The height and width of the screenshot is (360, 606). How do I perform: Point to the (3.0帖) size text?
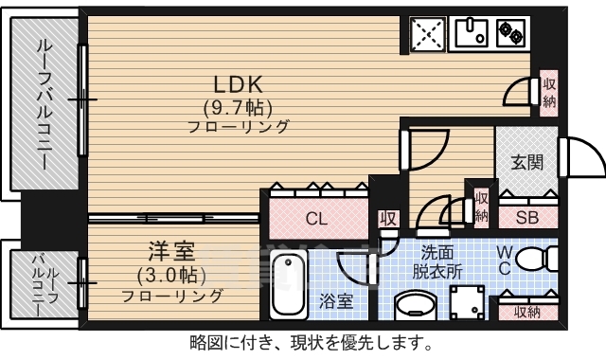[x=171, y=275]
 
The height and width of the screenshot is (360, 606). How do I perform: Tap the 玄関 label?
[x=527, y=162]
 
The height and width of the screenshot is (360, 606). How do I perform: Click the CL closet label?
[x=316, y=219]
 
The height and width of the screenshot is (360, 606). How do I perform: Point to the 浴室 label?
[x=336, y=302]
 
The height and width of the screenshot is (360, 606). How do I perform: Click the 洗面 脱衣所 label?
[x=441, y=261]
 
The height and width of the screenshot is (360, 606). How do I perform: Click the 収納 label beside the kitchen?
[x=549, y=93]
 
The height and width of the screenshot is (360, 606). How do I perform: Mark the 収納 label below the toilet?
[x=526, y=311]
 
